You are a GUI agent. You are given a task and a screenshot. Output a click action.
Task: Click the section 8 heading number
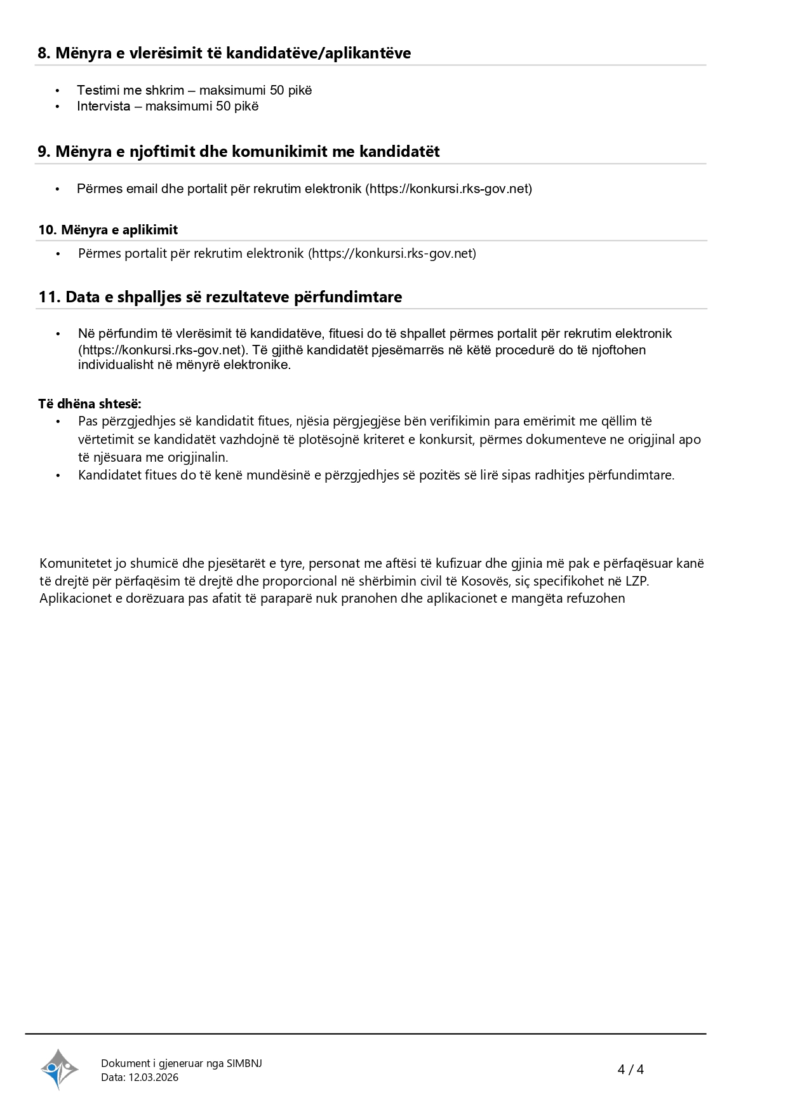(x=44, y=53)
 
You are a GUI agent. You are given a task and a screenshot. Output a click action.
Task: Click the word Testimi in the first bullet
(x=98, y=90)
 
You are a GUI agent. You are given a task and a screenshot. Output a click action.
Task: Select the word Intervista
(x=104, y=106)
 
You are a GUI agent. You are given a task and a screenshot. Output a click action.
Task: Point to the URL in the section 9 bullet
(x=448, y=189)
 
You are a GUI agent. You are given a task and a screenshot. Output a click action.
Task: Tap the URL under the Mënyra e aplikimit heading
(x=392, y=253)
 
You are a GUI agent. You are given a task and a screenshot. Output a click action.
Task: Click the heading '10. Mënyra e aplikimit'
(x=108, y=230)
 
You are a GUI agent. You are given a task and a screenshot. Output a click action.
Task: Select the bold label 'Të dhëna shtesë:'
(x=90, y=404)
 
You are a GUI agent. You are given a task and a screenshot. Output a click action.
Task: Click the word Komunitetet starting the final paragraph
(x=76, y=563)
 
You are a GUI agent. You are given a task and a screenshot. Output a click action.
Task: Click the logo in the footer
(x=59, y=1070)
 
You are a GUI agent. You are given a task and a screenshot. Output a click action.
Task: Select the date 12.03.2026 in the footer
(x=154, y=1077)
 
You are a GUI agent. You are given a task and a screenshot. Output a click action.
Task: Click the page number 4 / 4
(x=631, y=1070)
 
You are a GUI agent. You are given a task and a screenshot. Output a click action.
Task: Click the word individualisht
(x=116, y=365)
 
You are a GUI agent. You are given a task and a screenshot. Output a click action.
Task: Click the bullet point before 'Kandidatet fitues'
(x=58, y=475)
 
